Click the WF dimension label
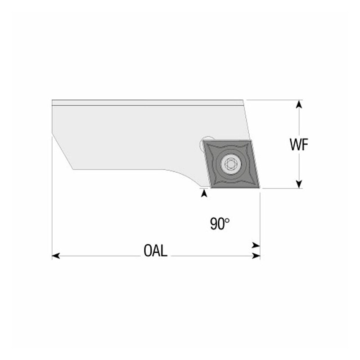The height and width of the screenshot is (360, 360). tap(299, 144)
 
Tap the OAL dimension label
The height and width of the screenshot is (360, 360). tap(155, 251)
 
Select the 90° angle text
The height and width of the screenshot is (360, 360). tap(220, 224)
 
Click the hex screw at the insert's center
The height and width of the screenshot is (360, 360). tap(230, 163)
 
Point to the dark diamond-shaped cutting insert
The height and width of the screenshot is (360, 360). tap(231, 164)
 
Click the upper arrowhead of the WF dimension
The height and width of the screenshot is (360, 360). tap(299, 104)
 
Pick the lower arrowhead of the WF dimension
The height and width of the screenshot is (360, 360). tap(299, 184)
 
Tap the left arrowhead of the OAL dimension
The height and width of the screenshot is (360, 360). tap(56, 256)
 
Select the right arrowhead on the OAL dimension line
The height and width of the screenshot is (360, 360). tap(256, 256)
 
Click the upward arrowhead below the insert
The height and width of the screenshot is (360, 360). tap(204, 193)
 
